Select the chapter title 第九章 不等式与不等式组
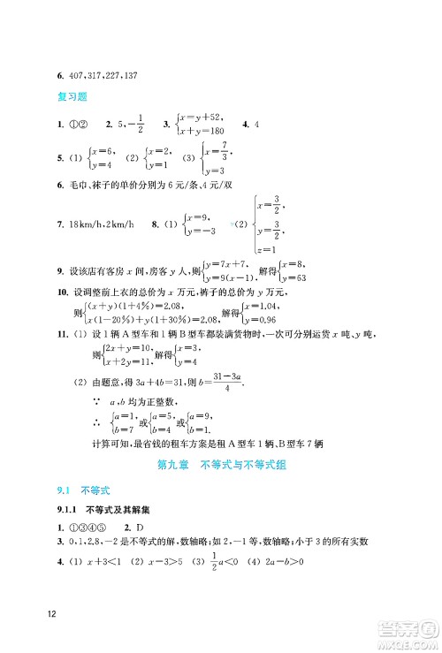(x=221, y=464)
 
